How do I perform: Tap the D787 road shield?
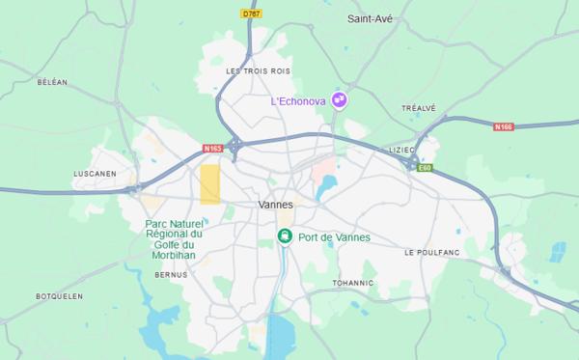[x=251, y=14]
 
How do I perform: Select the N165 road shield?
[x=212, y=148]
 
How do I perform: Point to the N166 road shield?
[x=503, y=126]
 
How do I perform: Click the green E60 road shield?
[x=426, y=168]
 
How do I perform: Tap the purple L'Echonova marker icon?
[x=339, y=99]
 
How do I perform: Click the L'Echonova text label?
[x=299, y=100]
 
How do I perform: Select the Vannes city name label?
[x=276, y=205]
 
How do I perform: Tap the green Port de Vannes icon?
[x=285, y=236]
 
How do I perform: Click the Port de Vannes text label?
[x=334, y=237]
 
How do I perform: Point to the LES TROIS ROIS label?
[x=258, y=71]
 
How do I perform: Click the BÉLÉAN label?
[x=52, y=83]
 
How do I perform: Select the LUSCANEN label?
[x=95, y=174]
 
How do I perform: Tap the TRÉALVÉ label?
[x=418, y=108]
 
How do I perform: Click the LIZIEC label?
[x=400, y=150]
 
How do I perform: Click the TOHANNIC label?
[x=352, y=283]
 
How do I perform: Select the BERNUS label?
[x=171, y=275]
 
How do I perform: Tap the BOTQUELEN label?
[x=59, y=296]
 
